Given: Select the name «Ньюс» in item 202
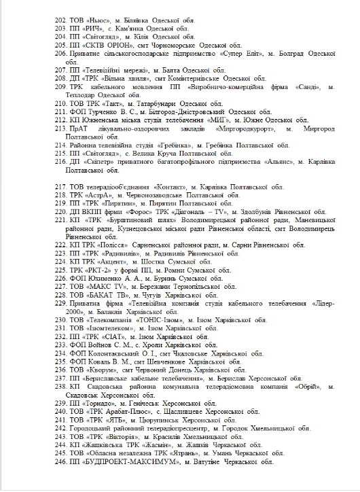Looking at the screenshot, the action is (98, 22).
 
